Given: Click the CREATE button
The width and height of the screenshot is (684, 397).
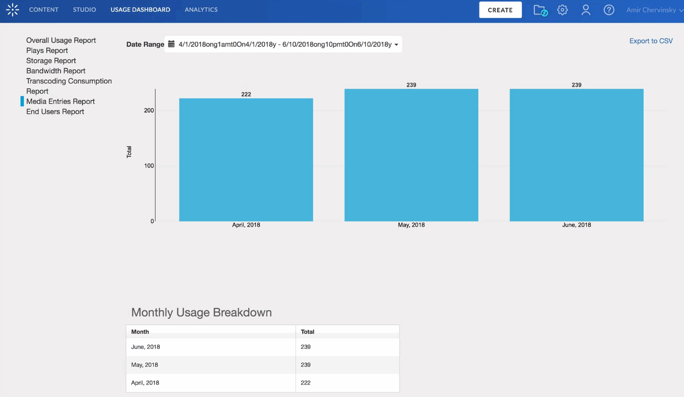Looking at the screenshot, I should (x=500, y=10).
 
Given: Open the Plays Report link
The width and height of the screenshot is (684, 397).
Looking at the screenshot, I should (x=47, y=50).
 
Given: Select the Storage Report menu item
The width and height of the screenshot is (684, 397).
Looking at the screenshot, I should (x=51, y=60).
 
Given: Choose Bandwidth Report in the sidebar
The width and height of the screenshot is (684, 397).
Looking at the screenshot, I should (x=55, y=71).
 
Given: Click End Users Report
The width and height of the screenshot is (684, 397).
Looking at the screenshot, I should (x=55, y=111).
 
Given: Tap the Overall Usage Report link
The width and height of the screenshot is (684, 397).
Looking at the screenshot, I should (x=61, y=40).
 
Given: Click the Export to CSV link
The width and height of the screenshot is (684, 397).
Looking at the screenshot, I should (x=650, y=41).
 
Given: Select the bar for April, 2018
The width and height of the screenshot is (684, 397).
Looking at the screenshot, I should (x=246, y=160).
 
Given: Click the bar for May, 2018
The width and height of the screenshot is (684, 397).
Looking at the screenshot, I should (x=411, y=155).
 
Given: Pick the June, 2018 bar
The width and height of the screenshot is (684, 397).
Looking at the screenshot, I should (x=576, y=155).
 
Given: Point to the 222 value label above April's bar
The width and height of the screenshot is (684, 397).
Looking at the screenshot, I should (x=246, y=94).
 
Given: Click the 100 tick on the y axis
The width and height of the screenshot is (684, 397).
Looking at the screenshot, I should (x=149, y=166).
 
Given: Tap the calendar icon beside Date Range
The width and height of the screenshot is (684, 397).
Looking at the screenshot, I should (x=171, y=44).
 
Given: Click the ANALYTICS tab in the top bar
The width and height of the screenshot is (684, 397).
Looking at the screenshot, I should (x=201, y=10).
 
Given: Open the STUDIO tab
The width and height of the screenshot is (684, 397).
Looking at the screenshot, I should (x=84, y=10).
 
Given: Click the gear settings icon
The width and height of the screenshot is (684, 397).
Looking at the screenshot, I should (x=562, y=10).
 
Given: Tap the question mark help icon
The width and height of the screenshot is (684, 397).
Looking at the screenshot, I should (x=609, y=10).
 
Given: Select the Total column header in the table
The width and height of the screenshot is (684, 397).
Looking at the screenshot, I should (x=308, y=332).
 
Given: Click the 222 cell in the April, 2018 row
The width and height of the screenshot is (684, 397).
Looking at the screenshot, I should (x=305, y=383).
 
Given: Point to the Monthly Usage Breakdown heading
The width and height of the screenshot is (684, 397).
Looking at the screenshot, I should (x=201, y=312).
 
